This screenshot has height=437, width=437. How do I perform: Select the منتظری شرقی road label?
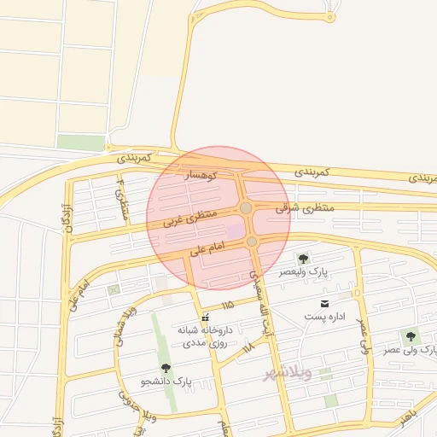[x=306, y=207]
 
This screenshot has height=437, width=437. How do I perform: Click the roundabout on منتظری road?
[x=246, y=208]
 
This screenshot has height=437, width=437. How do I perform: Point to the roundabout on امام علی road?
[x=252, y=242]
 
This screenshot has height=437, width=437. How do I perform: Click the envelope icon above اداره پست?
[x=324, y=304]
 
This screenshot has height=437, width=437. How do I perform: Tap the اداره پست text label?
[x=325, y=317]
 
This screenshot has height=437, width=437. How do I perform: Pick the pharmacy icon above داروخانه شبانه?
[x=205, y=318]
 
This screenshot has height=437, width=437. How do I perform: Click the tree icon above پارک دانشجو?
[x=166, y=368]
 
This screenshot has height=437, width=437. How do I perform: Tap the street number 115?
[x=227, y=304]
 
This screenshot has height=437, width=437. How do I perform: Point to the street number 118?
[x=248, y=347]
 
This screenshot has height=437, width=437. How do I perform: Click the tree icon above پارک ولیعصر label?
[x=302, y=259]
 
